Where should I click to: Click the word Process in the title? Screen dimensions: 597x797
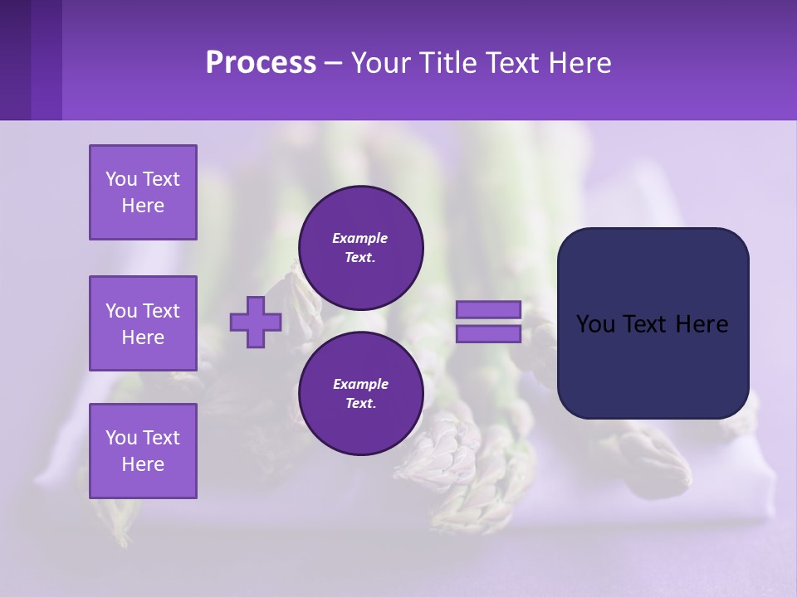point(261,63)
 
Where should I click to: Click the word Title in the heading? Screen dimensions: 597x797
point(450,63)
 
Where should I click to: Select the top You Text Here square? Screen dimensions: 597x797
point(143,192)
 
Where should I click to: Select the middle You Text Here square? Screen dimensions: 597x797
point(143,323)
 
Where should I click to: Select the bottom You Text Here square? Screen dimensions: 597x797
point(143,451)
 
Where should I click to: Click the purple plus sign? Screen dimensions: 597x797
point(256,322)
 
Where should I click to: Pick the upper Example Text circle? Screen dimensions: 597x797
point(361,248)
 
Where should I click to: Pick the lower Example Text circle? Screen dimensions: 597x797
point(361,394)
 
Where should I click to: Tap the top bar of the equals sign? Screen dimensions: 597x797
point(488,309)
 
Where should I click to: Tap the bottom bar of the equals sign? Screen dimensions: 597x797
point(488,334)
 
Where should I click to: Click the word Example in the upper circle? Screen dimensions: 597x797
point(360,238)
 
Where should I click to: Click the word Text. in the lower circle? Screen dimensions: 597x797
point(360,404)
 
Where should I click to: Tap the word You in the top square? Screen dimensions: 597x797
point(121,179)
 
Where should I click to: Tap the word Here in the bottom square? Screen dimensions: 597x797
point(143,464)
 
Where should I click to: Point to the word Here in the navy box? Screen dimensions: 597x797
point(702,324)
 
